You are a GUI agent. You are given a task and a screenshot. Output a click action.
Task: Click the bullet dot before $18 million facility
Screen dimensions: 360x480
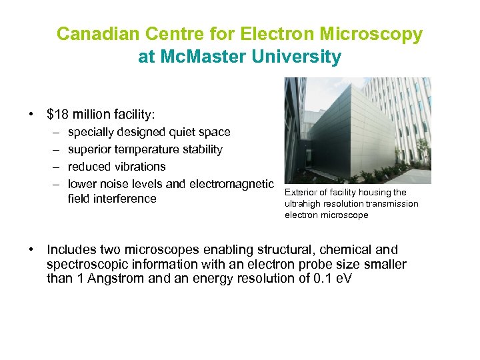click(31, 114)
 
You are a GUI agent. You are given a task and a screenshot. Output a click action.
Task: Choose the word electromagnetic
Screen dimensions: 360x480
click(231, 184)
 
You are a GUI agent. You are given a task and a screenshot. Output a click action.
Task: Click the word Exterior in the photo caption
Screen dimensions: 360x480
click(300, 193)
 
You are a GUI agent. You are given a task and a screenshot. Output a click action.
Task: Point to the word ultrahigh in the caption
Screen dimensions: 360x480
click(303, 204)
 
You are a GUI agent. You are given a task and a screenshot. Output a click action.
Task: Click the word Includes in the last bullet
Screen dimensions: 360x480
click(71, 250)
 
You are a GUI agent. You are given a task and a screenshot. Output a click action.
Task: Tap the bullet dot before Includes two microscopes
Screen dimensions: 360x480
click(31, 250)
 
